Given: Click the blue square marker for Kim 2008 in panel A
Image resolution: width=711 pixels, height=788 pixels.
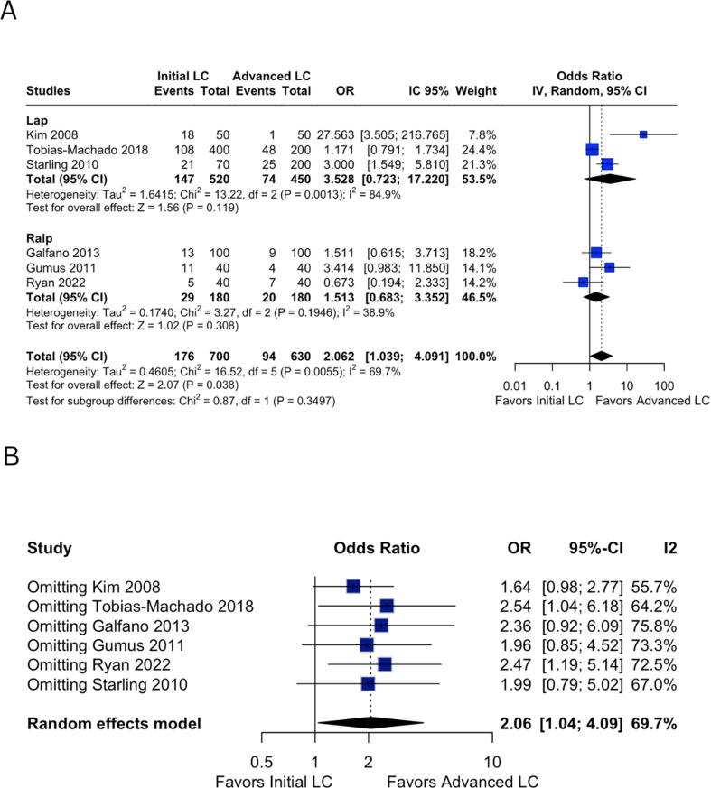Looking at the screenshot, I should pos(643,134).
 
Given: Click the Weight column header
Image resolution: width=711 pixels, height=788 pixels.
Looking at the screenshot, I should pos(476,90).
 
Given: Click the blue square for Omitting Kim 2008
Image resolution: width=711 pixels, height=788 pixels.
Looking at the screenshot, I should pos(353,587).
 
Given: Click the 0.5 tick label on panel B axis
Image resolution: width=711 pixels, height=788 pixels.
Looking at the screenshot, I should pos(262,760).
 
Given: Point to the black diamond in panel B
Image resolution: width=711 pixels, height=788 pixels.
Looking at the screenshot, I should pos(370,723).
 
